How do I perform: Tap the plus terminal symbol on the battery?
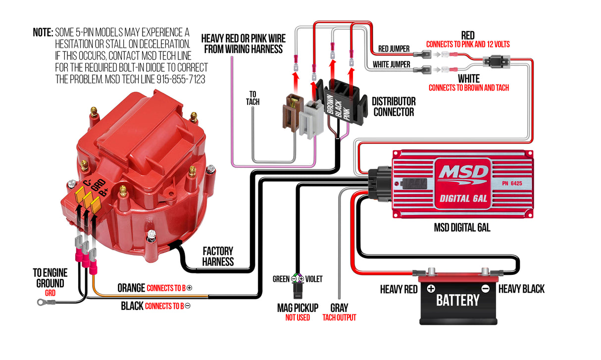coord(431,289)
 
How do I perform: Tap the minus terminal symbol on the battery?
coord(485,289)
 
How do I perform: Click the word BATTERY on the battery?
coord(457,300)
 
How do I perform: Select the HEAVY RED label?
coord(399,289)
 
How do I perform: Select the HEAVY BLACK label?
coord(521,289)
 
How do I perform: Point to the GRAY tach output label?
coord(339,308)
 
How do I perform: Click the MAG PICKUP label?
coord(298,308)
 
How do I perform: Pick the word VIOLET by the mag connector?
coord(314,279)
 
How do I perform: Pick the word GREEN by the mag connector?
coord(281,279)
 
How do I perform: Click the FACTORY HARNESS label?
coord(218,257)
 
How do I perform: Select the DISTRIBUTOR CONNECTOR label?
coord(394,106)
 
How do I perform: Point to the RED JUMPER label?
coord(394,49)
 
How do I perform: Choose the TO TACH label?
coord(252,98)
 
